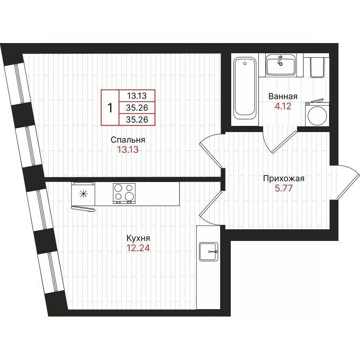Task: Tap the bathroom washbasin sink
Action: [x=281, y=65]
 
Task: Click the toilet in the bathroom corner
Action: [x=317, y=67]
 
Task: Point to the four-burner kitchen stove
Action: [x=124, y=193]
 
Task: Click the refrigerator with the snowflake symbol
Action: [x=83, y=194]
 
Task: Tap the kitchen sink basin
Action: [x=208, y=252]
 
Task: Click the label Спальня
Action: [x=128, y=140]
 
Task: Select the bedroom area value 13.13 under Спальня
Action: [x=128, y=150]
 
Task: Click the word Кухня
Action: [x=138, y=239]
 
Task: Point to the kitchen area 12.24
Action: [x=138, y=248]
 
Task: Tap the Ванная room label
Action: [x=283, y=96]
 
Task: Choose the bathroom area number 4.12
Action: [x=283, y=106]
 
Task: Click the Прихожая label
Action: [x=284, y=178]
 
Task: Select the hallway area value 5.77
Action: [x=284, y=188]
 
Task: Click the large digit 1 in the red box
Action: [x=110, y=107]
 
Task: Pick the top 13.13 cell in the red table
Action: [x=137, y=95]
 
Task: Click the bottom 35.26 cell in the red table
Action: [x=137, y=119]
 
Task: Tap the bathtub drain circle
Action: [x=245, y=63]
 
